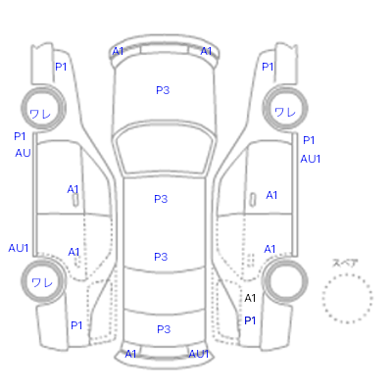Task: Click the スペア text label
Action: click(x=345, y=263)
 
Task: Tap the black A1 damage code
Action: click(x=250, y=298)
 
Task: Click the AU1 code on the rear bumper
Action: click(x=199, y=354)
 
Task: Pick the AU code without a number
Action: click(x=23, y=153)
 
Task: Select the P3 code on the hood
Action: click(x=163, y=90)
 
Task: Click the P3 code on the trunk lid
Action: click(x=164, y=329)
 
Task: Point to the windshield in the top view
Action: click(x=166, y=150)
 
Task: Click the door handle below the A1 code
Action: click(x=75, y=200)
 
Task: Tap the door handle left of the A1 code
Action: click(x=253, y=200)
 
